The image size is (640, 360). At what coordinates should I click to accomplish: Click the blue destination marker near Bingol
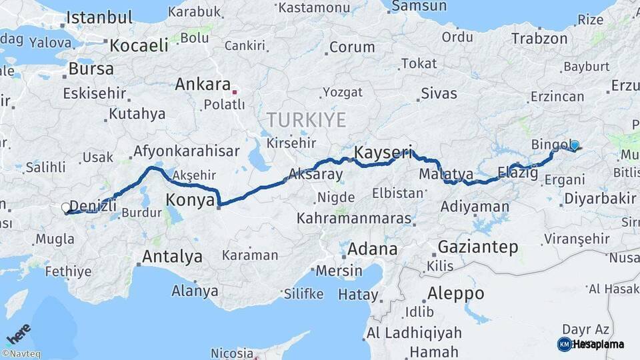[574, 145]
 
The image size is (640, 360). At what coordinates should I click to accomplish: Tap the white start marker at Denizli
[66, 208]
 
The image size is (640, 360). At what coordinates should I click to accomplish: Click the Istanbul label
[99, 17]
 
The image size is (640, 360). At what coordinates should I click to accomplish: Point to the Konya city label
[190, 199]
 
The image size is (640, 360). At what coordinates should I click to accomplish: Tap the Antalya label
[172, 256]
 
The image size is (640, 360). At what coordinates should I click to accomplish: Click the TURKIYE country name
[306, 120]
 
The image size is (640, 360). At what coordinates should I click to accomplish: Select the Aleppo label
[455, 293]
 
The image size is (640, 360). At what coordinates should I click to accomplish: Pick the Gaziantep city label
[477, 247]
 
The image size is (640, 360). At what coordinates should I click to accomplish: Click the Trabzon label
[539, 39]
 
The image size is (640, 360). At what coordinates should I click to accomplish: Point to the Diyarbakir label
[600, 198]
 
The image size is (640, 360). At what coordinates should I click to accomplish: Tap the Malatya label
[447, 174]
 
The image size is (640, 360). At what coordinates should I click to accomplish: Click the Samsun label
[419, 6]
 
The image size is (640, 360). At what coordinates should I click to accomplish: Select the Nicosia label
[232, 353]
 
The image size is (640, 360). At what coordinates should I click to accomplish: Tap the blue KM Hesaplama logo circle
[565, 344]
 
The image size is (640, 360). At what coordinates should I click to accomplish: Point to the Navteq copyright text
[21, 354]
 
